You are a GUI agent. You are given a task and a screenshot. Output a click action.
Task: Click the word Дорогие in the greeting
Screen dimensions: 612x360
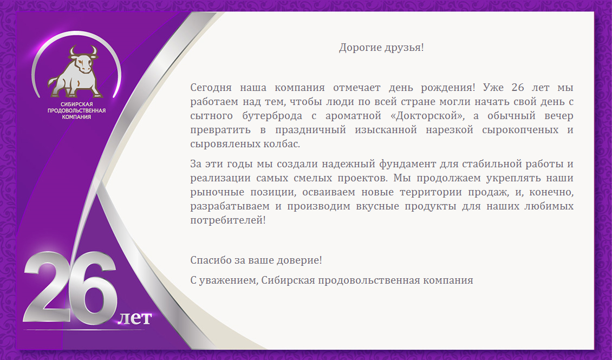coord(360,48)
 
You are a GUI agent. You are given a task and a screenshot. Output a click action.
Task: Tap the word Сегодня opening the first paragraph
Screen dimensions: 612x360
coord(211,88)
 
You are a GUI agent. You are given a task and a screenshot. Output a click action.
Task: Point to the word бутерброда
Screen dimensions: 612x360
coord(272,116)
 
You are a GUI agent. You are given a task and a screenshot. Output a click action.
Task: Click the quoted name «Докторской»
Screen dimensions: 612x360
coord(427,116)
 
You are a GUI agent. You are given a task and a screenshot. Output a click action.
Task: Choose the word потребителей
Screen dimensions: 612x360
coord(228,220)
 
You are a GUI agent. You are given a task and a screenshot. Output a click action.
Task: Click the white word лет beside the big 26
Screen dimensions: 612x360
coord(134,318)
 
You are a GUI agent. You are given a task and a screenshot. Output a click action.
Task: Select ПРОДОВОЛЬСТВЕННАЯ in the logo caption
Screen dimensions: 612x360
coord(76,110)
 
